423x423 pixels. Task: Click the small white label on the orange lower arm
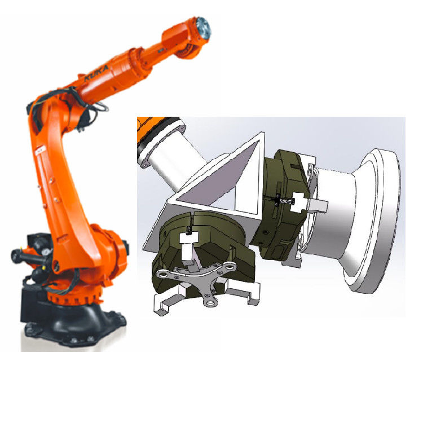[41, 151]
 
